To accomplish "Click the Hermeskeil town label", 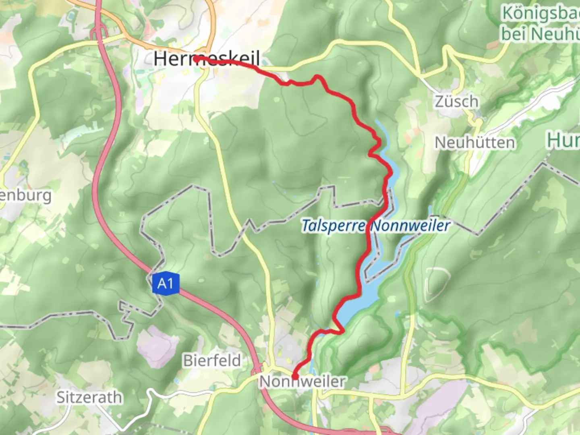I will point(206,59).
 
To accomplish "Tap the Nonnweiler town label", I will point(302,381).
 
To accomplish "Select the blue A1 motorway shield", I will point(165,284).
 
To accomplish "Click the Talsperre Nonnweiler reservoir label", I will point(375,226).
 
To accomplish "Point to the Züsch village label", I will point(456,101).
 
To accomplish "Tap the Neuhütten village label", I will point(474,143).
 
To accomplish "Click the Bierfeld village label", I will point(212,360).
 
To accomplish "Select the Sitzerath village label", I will point(89,398).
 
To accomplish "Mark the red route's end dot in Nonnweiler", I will point(294,377).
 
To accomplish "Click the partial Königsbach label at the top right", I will point(540,14).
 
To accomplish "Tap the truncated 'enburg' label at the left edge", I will point(26,196).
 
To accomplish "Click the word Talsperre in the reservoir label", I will point(333,226).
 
